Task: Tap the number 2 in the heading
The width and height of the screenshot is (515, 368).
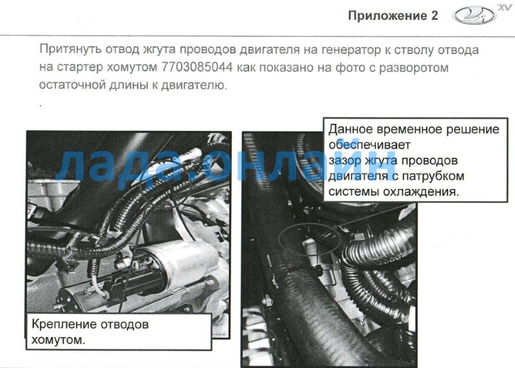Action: click(434, 15)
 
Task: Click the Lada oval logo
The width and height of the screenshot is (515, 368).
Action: click(474, 15)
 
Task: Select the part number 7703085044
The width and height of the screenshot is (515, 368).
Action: click(197, 67)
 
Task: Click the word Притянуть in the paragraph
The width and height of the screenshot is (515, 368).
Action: click(70, 50)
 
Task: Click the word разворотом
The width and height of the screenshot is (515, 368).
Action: click(414, 68)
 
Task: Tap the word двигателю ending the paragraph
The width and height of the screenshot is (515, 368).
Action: click(194, 85)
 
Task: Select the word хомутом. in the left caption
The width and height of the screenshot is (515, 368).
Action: click(58, 340)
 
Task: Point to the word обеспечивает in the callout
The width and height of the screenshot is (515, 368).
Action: click(370, 145)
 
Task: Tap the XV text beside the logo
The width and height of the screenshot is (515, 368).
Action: click(505, 7)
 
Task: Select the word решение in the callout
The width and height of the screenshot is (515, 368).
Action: click(473, 130)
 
